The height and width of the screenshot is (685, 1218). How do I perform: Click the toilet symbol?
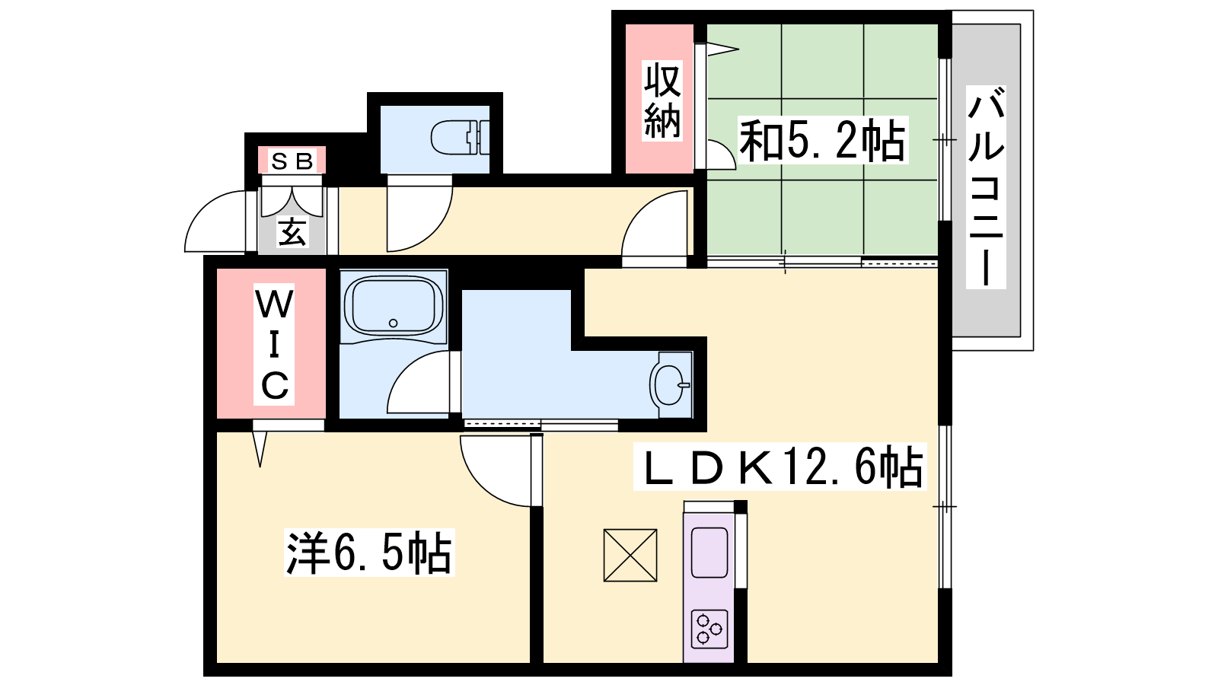click(460, 138)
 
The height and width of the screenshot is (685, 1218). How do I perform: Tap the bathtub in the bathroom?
click(393, 307)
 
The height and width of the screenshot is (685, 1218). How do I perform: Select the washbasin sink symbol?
click(670, 385)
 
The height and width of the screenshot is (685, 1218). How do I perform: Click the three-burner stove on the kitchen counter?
click(709, 629)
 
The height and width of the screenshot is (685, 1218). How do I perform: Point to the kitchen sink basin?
click(709, 553)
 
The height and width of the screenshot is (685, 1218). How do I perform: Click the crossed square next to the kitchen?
click(630, 555)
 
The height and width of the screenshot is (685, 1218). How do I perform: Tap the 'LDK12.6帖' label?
click(780, 467)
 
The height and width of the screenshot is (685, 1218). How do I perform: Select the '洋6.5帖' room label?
click(369, 553)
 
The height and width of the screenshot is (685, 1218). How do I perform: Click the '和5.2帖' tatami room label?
click(823, 140)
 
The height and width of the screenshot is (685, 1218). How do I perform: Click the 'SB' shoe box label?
click(292, 161)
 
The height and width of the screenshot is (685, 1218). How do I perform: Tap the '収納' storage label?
click(662, 101)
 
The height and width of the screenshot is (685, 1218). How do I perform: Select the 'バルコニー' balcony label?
click(986, 187)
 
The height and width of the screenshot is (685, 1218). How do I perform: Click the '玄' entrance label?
click(292, 232)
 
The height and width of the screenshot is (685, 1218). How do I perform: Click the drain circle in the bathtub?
click(393, 323)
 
